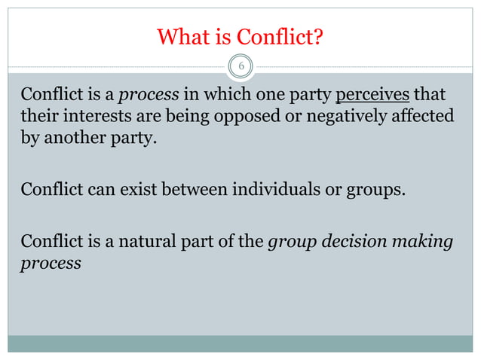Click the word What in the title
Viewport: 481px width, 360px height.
pyautogui.click(x=182, y=36)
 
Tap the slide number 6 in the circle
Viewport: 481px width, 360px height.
pyautogui.click(x=240, y=67)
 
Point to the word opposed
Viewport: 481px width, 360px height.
pyautogui.click(x=247, y=118)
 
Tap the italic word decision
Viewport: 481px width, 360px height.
pyautogui.click(x=347, y=243)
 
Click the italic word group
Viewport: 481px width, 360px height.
pyautogui.click(x=290, y=243)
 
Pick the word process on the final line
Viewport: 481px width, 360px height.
pyautogui.click(x=51, y=265)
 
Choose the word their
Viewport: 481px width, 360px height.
pyautogui.click(x=38, y=118)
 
